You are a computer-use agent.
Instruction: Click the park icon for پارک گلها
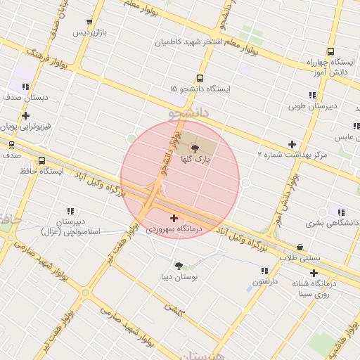(195, 148)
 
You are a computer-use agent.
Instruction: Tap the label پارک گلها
(195, 160)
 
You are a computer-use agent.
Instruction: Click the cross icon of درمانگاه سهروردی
(174, 218)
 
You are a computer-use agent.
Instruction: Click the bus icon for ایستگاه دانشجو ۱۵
(200, 78)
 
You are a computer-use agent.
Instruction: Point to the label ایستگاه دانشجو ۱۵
(200, 89)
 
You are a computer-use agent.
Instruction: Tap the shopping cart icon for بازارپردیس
(89, 22)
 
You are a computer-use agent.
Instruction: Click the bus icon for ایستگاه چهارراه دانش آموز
(330, 51)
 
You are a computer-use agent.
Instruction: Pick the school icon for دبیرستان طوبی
(312, 96)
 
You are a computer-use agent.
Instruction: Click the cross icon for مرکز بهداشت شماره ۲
(292, 144)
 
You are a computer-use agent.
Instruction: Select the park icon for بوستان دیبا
(179, 266)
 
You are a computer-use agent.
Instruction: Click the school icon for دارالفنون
(264, 271)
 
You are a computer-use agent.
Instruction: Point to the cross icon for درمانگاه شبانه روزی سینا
(314, 273)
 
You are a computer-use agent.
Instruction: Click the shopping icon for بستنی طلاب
(301, 247)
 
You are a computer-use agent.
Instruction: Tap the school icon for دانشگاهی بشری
(341, 212)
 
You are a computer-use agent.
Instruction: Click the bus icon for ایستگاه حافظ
(43, 160)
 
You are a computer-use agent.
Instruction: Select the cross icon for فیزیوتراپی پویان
(26, 116)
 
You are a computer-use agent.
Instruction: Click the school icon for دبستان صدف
(26, 87)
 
